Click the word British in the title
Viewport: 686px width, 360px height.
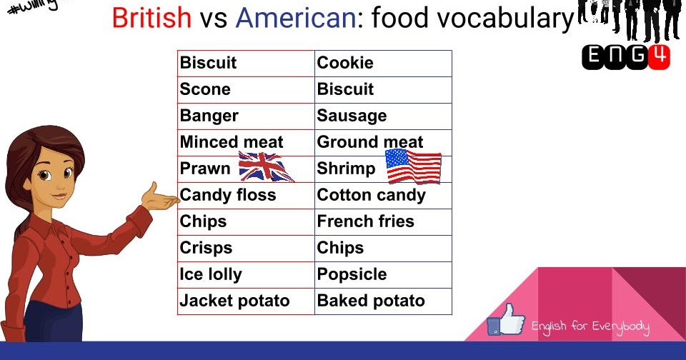pyautogui.click(x=151, y=18)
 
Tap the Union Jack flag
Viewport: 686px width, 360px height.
pyautogui.click(x=266, y=168)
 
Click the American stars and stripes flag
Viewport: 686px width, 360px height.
pyautogui.click(x=414, y=167)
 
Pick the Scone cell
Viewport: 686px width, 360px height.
pyautogui.click(x=246, y=90)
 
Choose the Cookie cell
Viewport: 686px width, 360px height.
pyautogui.click(x=383, y=64)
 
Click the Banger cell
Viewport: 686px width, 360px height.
pyautogui.click(x=246, y=116)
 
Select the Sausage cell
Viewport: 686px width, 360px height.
pyautogui.click(x=383, y=116)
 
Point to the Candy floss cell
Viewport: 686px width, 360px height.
pyautogui.click(x=246, y=196)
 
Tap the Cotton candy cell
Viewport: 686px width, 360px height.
pyautogui.click(x=383, y=196)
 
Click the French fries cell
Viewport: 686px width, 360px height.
pyautogui.click(x=383, y=222)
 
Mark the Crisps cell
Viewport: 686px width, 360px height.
pyautogui.click(x=246, y=249)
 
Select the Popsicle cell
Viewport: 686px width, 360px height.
pyautogui.click(x=383, y=275)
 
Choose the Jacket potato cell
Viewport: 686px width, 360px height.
pyautogui.click(x=246, y=301)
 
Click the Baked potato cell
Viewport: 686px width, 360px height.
pyautogui.click(x=383, y=301)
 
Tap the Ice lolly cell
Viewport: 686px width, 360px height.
pyautogui.click(x=246, y=275)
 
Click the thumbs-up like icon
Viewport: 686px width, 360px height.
pyautogui.click(x=506, y=321)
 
